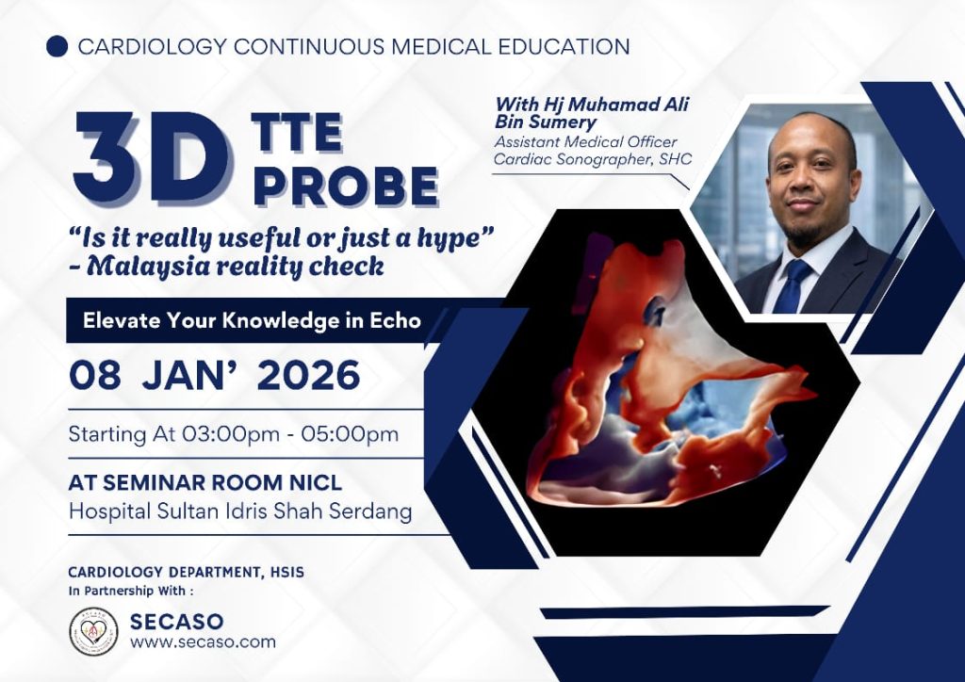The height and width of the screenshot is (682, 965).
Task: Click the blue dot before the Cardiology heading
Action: pos(57,47)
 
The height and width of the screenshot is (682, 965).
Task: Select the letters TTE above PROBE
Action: pos(297,133)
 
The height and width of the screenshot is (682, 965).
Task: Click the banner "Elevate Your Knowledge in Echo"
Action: pos(253,320)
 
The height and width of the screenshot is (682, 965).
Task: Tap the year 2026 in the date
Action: pos(309,375)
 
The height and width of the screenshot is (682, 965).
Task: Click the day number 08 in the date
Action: pos(95,375)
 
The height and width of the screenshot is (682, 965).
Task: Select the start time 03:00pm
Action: pos(230,434)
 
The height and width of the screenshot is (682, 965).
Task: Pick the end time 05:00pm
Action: pos(350,434)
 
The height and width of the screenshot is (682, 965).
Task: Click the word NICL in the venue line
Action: pos(315,482)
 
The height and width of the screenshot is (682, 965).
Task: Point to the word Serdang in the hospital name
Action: pos(371,511)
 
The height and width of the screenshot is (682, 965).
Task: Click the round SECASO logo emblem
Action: pos(93,631)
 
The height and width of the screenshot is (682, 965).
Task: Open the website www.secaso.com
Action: pos(204,642)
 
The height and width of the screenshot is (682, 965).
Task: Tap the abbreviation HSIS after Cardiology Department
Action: pos(286,573)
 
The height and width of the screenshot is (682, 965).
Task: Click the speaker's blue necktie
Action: pos(792,286)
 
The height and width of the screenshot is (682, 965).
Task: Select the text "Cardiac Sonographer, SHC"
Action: pos(594,159)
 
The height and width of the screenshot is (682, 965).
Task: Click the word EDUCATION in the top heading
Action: pos(556,47)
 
